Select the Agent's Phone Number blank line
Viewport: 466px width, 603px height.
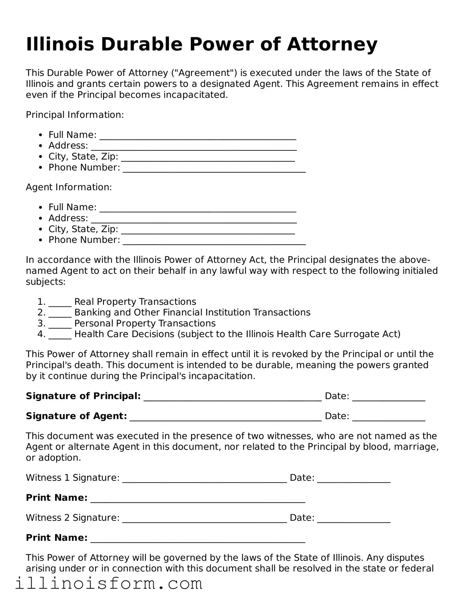tap(214, 242)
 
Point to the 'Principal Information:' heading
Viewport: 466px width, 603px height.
tap(75, 115)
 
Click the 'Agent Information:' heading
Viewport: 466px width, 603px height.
tap(69, 187)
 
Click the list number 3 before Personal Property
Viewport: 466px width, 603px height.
tap(41, 323)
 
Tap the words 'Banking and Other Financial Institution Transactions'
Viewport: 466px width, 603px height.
tap(192, 313)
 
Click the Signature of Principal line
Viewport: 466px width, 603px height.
tap(232, 399)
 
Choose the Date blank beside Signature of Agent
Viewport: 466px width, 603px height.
tap(388, 418)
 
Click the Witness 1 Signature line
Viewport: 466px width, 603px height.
tap(204, 480)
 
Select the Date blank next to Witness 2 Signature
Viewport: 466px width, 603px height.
tap(354, 520)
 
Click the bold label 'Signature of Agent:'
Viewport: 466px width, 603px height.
tap(76, 416)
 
